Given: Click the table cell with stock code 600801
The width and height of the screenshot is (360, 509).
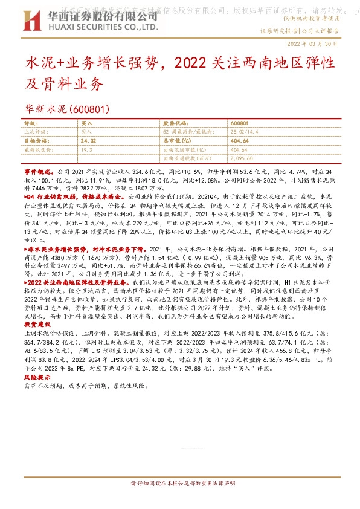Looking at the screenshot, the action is click(x=239, y=123).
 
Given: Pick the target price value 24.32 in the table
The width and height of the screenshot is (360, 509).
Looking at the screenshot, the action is click(x=88, y=140).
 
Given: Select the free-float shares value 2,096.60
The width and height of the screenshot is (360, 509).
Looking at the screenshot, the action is click(x=243, y=157).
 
